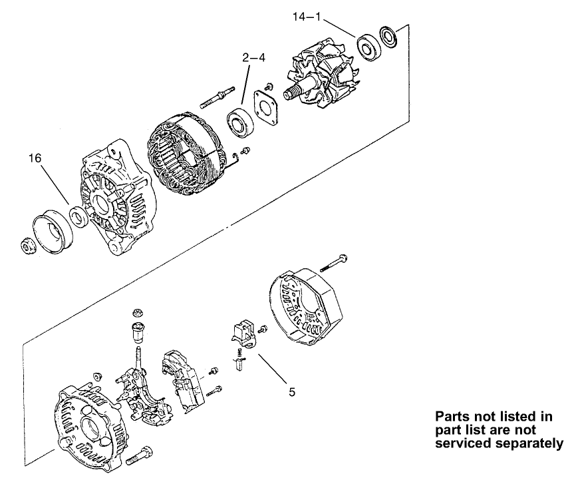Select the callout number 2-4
(253, 59)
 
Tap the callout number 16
(36, 158)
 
